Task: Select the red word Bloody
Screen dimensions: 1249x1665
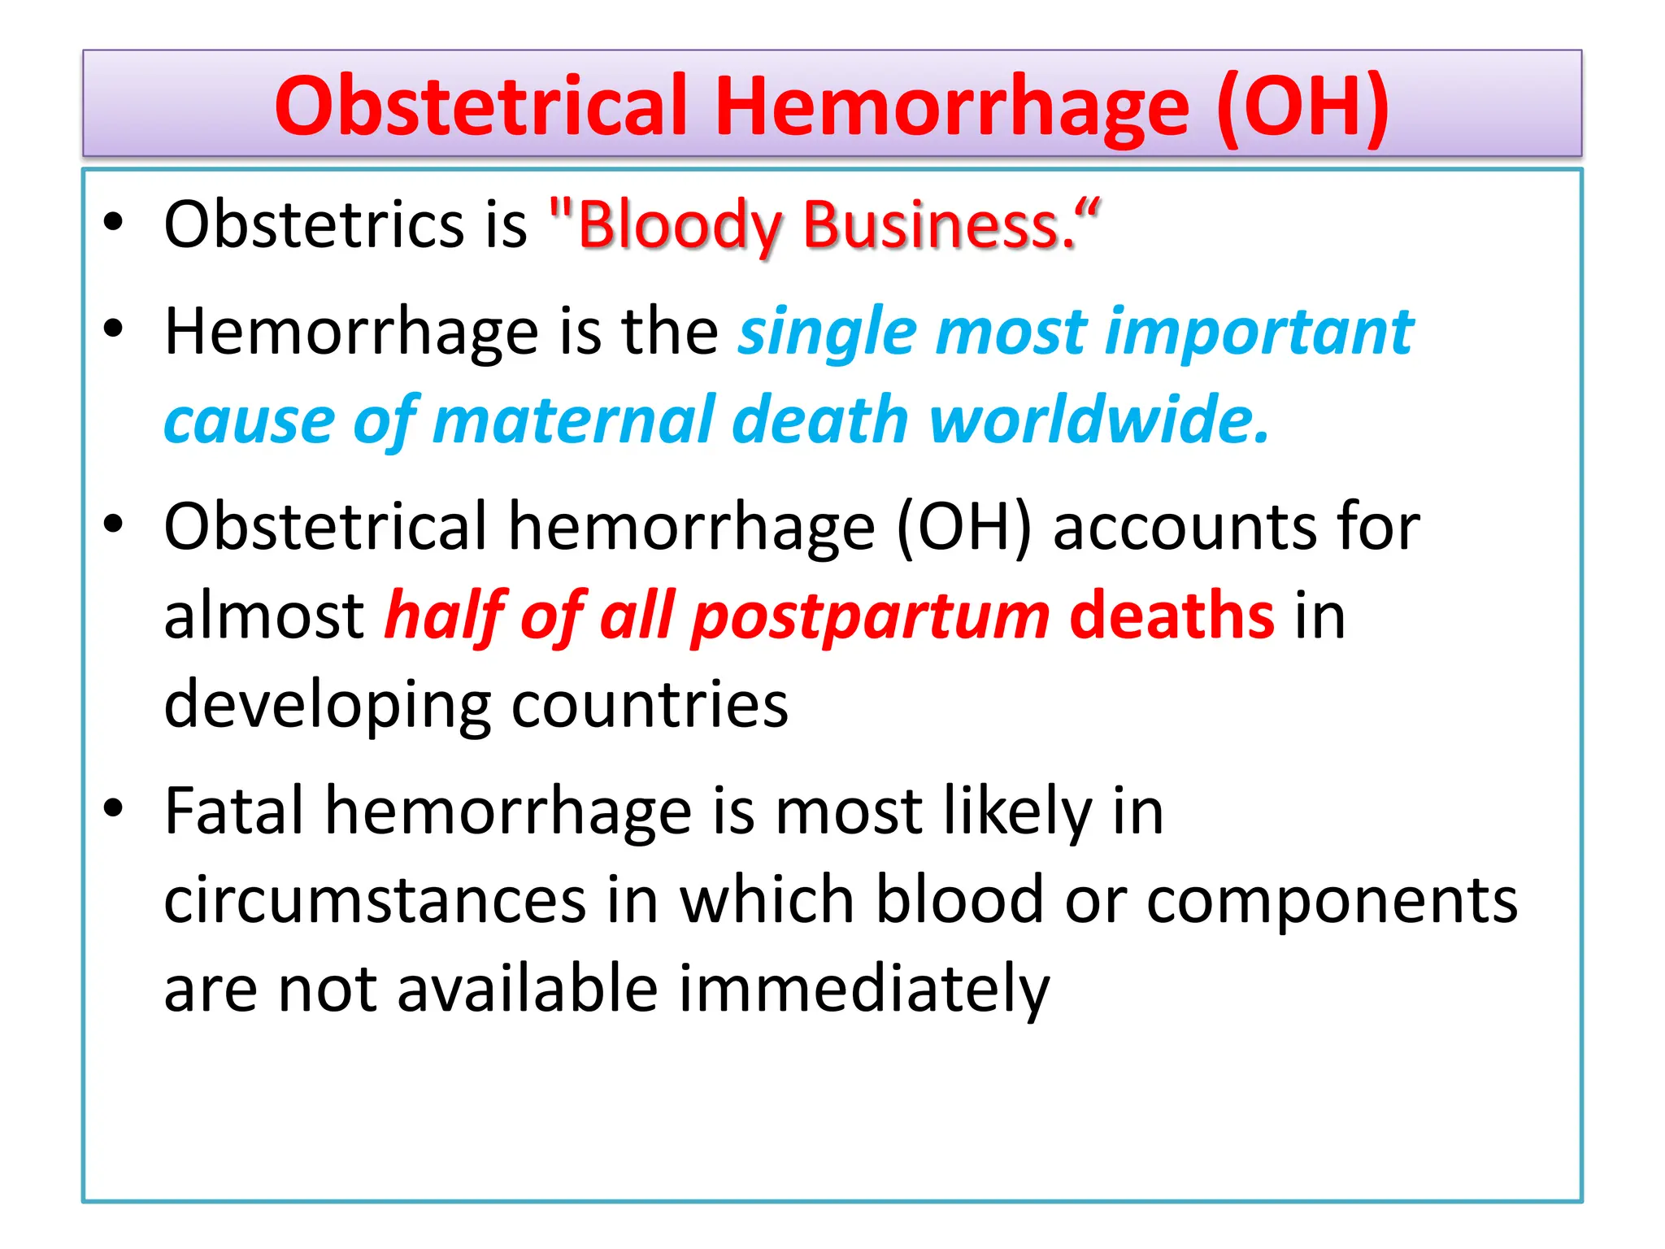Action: click(678, 225)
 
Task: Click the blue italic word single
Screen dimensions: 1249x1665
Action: click(826, 333)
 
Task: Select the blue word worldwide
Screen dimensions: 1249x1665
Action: click(1098, 420)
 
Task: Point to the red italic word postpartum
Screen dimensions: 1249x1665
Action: click(871, 616)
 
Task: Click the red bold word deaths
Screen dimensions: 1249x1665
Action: click(1172, 616)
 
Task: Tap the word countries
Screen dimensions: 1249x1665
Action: click(650, 704)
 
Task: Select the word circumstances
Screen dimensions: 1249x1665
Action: click(375, 900)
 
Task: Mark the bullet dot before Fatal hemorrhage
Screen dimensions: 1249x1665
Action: click(113, 808)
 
